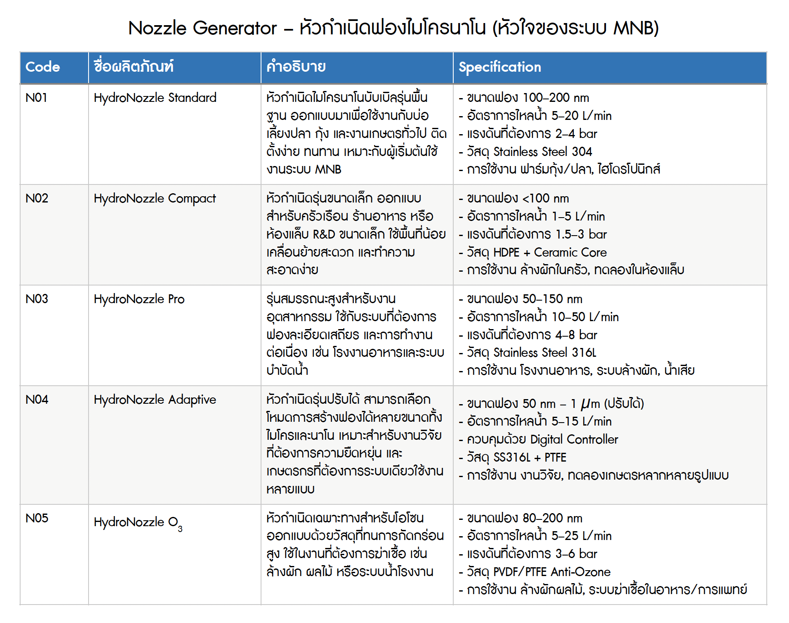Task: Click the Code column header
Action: pyautogui.click(x=42, y=67)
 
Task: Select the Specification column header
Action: pyautogui.click(x=499, y=67)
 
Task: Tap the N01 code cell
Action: pyautogui.click(x=36, y=98)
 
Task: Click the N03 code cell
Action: pyautogui.click(x=37, y=299)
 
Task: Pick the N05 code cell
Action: pyautogui.click(x=37, y=518)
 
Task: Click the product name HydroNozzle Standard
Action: pyautogui.click(x=155, y=98)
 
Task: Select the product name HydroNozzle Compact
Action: pyautogui.click(x=154, y=198)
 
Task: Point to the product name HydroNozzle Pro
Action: pyautogui.click(x=139, y=299)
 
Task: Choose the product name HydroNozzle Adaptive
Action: pyautogui.click(x=155, y=400)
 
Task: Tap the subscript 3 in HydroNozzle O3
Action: pyautogui.click(x=180, y=529)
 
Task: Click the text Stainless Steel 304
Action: pyautogui.click(x=542, y=151)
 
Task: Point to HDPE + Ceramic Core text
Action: pyautogui.click(x=550, y=252)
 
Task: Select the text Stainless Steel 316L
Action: pyautogui.click(x=544, y=353)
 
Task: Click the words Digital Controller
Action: pyautogui.click(x=574, y=439)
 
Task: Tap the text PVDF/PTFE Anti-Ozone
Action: pyautogui.click(x=551, y=572)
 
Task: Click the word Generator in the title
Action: pyautogui.click(x=235, y=29)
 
